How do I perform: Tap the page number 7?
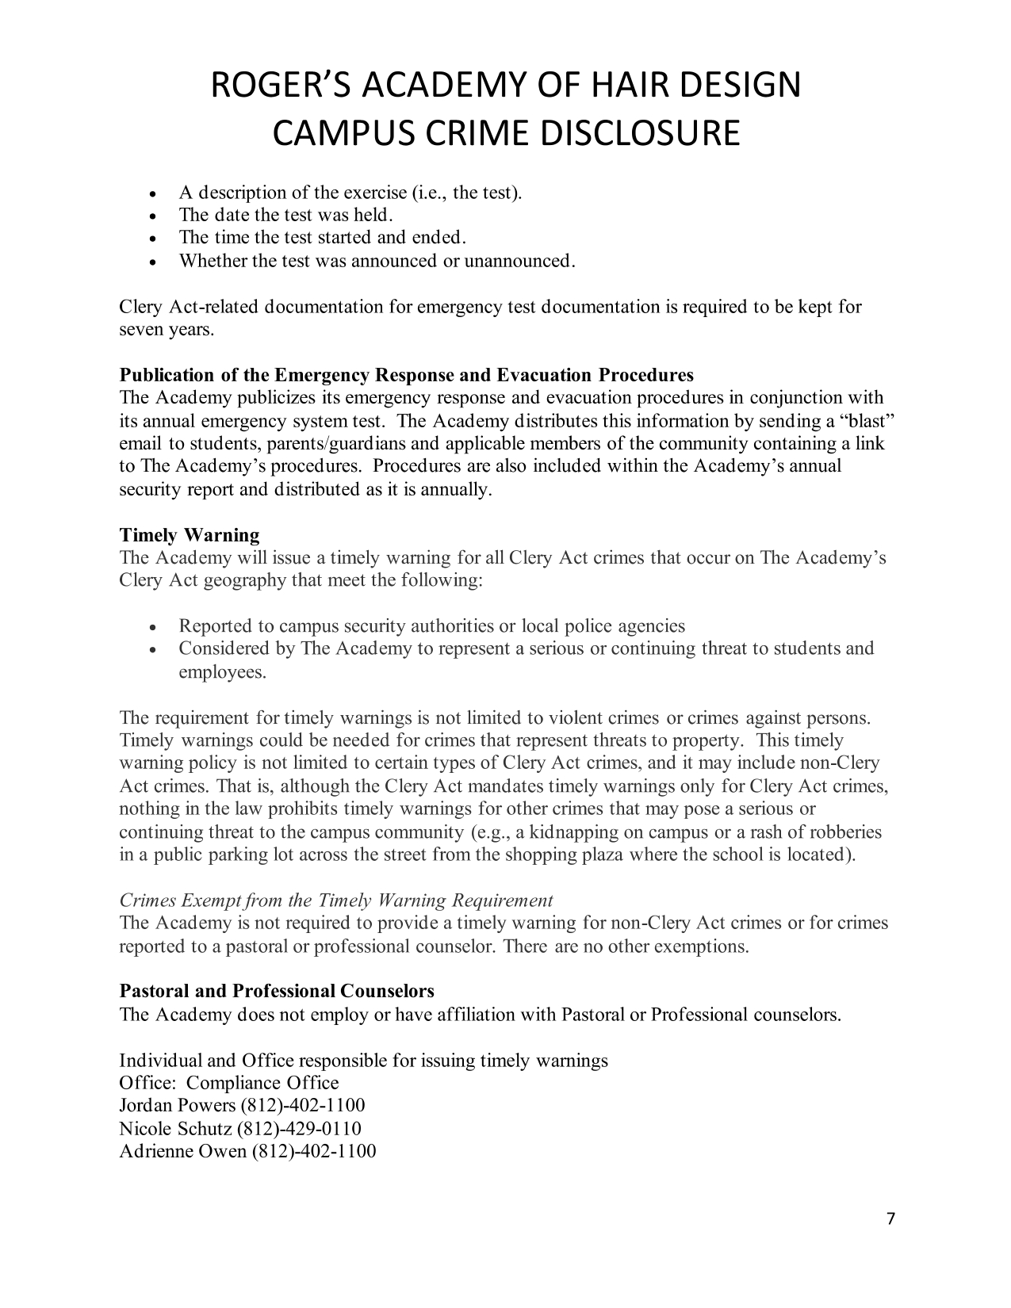point(890,1218)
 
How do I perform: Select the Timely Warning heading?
point(189,535)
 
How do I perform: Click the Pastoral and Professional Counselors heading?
point(276,991)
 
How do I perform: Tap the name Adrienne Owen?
point(182,1150)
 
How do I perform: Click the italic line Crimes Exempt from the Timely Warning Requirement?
point(335,901)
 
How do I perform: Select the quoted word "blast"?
point(865,420)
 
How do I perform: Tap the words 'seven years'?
point(166,329)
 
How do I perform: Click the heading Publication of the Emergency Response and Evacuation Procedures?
point(406,374)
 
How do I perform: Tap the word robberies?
point(844,832)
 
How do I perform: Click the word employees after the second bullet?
point(222,672)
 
